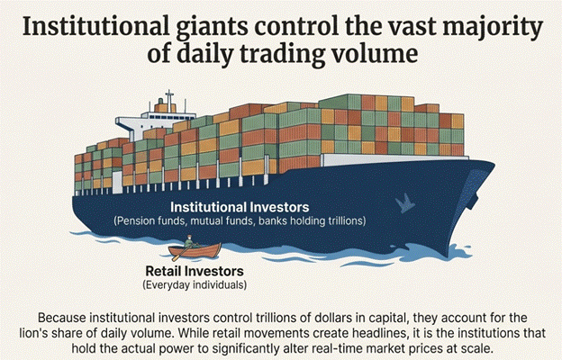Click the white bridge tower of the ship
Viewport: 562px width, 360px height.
[168, 114]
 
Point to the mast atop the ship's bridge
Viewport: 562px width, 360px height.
[168, 94]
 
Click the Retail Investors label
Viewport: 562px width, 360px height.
[194, 271]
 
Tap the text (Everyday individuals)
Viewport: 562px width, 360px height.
[194, 284]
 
